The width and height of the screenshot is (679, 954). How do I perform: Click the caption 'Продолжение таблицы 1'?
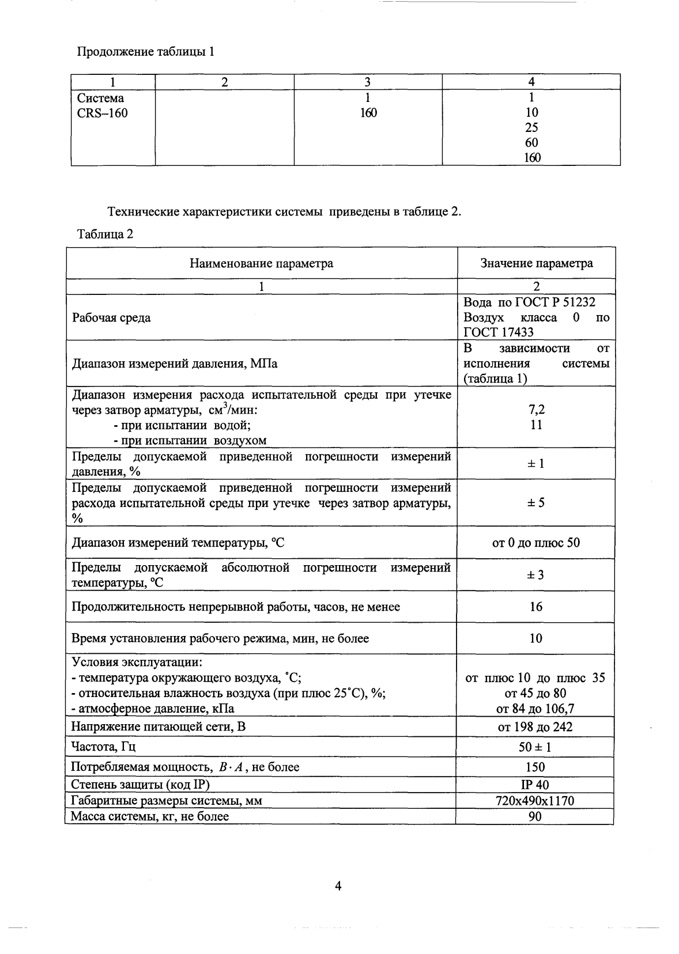[x=146, y=52]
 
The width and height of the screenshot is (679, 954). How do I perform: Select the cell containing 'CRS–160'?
[x=103, y=113]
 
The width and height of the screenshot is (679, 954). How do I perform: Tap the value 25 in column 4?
[x=531, y=128]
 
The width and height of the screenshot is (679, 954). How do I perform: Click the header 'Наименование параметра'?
[x=261, y=263]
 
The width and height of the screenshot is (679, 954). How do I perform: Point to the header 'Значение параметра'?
[x=536, y=263]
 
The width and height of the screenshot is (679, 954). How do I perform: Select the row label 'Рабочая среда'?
[x=111, y=317]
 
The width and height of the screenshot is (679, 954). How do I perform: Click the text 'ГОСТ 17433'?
[x=499, y=332]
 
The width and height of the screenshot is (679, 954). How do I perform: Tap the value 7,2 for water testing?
[x=536, y=410]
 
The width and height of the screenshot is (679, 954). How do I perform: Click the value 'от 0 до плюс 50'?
[x=536, y=543]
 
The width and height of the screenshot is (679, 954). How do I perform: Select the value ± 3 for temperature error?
[x=536, y=575]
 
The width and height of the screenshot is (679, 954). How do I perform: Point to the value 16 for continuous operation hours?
[x=536, y=607]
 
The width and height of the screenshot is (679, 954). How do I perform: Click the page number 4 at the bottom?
[x=339, y=887]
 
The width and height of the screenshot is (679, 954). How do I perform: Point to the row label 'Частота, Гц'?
[x=103, y=747]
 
